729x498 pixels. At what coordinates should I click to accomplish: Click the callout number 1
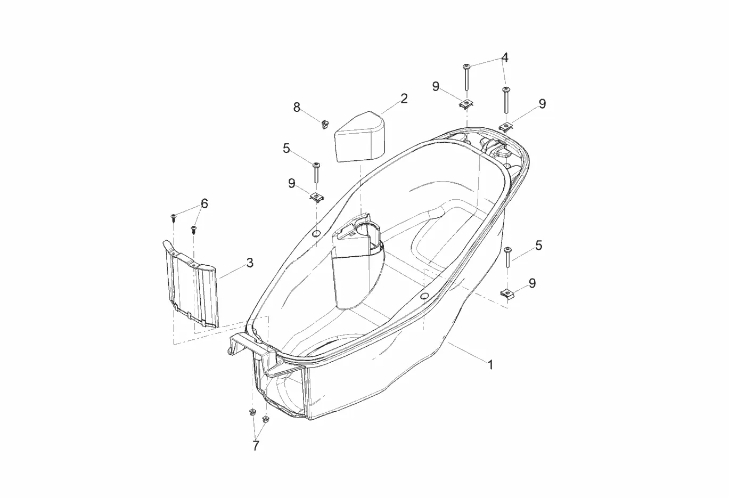coord(490,365)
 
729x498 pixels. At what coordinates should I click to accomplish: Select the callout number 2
coord(404,99)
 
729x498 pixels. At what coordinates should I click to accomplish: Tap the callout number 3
coord(250,263)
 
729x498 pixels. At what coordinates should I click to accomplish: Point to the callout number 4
coord(505,58)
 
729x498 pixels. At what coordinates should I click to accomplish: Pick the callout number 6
coord(204,203)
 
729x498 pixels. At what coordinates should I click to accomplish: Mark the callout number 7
coord(256,446)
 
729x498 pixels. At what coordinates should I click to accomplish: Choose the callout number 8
coord(297,107)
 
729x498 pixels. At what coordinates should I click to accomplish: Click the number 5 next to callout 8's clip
coord(286,148)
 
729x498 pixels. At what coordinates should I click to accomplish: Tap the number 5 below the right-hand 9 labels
coord(538,246)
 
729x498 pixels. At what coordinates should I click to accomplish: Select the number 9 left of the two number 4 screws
coord(436,86)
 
